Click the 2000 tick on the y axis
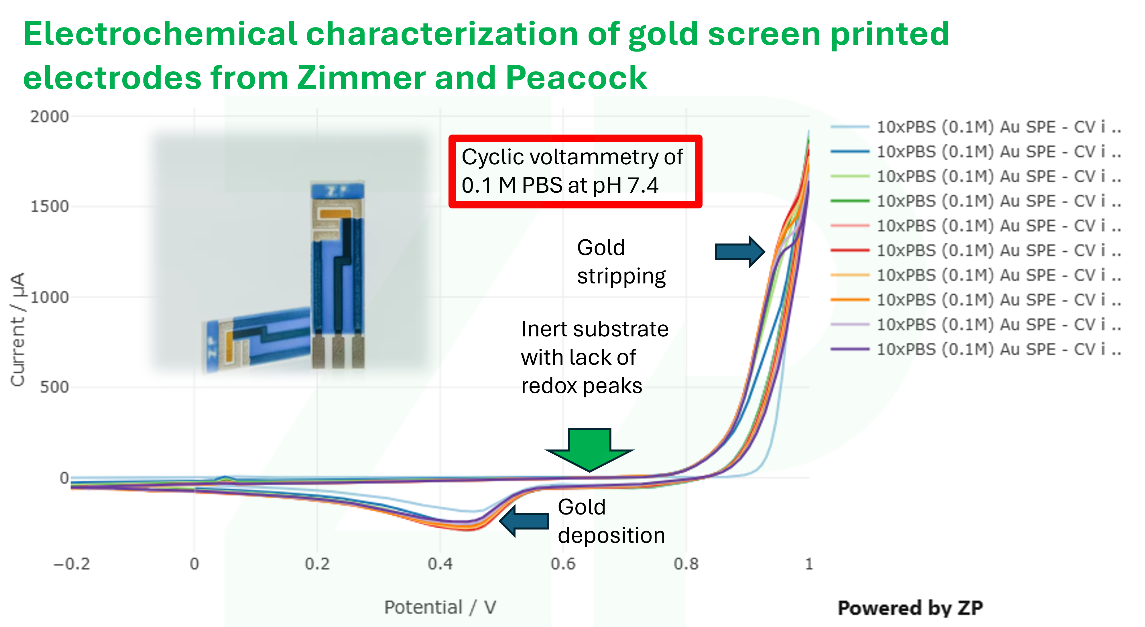click(x=49, y=117)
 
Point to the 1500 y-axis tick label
click(x=49, y=207)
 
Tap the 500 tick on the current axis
click(x=54, y=387)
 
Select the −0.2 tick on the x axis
click(x=72, y=564)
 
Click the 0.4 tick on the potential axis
click(x=440, y=564)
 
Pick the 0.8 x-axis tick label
click(x=686, y=564)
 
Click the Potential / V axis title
click(x=440, y=607)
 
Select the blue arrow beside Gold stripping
click(x=740, y=251)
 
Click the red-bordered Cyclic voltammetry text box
click(x=575, y=171)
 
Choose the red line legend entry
click(x=976, y=251)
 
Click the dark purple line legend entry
click(x=976, y=349)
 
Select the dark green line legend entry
click(x=976, y=201)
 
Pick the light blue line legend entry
click(x=976, y=127)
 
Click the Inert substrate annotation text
click(x=594, y=357)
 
